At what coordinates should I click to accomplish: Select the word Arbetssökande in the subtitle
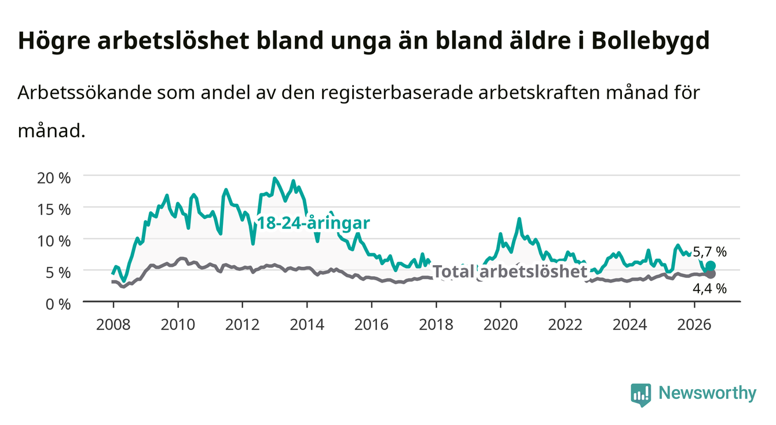[x=85, y=93]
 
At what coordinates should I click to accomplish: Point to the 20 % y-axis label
[x=54, y=178]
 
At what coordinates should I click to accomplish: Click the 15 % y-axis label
[x=54, y=210]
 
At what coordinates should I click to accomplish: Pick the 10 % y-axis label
[x=54, y=241]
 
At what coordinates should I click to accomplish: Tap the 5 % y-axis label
[x=58, y=273]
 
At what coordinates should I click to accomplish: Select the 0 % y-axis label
[x=58, y=304]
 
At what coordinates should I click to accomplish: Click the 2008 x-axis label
[x=114, y=325]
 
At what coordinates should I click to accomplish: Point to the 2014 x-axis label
[x=307, y=325]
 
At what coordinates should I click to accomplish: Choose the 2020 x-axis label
[x=500, y=325]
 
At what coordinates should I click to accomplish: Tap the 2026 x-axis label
[x=694, y=325]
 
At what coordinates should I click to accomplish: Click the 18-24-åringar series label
[x=314, y=223]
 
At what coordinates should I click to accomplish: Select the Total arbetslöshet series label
[x=510, y=271]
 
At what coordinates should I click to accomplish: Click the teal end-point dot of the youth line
[x=711, y=266]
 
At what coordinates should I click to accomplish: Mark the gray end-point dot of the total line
[x=711, y=274]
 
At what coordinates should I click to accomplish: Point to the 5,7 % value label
[x=709, y=252]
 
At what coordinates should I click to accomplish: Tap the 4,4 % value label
[x=709, y=288]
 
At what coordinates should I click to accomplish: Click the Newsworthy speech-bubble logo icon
[x=641, y=395]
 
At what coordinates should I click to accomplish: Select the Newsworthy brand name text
[x=708, y=393]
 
